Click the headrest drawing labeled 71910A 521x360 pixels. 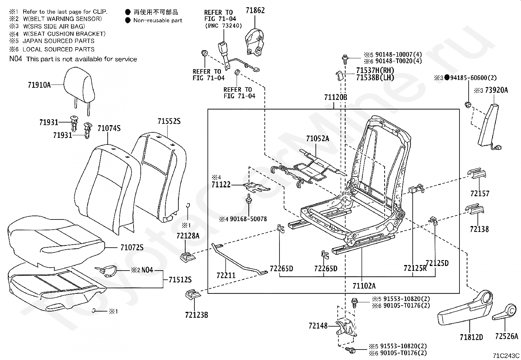tap(79, 91)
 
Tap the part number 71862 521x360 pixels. tap(255, 10)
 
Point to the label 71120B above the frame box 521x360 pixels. tap(336, 97)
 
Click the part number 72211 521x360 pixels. tap(226, 275)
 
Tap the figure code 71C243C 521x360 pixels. tap(506, 355)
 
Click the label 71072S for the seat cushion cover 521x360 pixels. tap(132, 248)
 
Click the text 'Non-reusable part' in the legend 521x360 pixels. tap(158, 21)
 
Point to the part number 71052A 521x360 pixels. tap(317, 139)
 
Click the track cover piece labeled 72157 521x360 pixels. tap(476, 173)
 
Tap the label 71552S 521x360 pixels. tap(169, 121)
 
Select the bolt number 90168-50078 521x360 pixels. tap(248, 219)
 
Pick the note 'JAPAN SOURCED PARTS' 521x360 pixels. tap(58, 41)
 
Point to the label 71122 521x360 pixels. tap(221, 185)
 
